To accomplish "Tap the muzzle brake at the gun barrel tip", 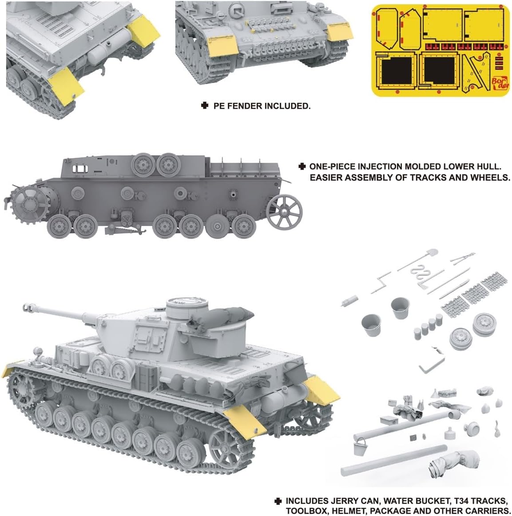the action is (x=28, y=307).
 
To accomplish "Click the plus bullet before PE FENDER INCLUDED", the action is (x=205, y=106).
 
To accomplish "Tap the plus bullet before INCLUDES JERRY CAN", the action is (x=278, y=501).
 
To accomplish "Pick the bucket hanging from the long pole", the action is (x=360, y=446).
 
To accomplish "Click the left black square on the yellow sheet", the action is (x=397, y=71).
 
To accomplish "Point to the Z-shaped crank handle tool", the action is (x=381, y=282).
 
